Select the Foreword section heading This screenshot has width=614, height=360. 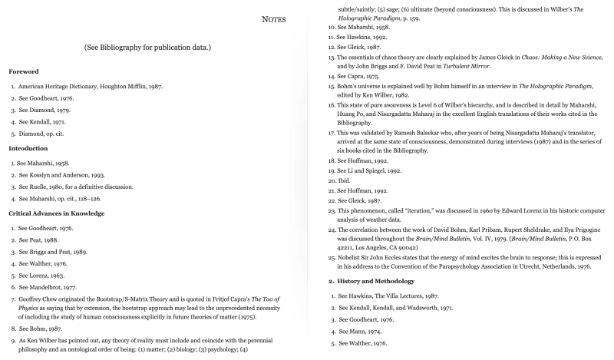[24, 71]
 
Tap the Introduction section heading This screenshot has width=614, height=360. [29, 147]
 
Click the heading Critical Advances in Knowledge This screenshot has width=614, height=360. [56, 213]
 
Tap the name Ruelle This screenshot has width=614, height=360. [42, 187]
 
